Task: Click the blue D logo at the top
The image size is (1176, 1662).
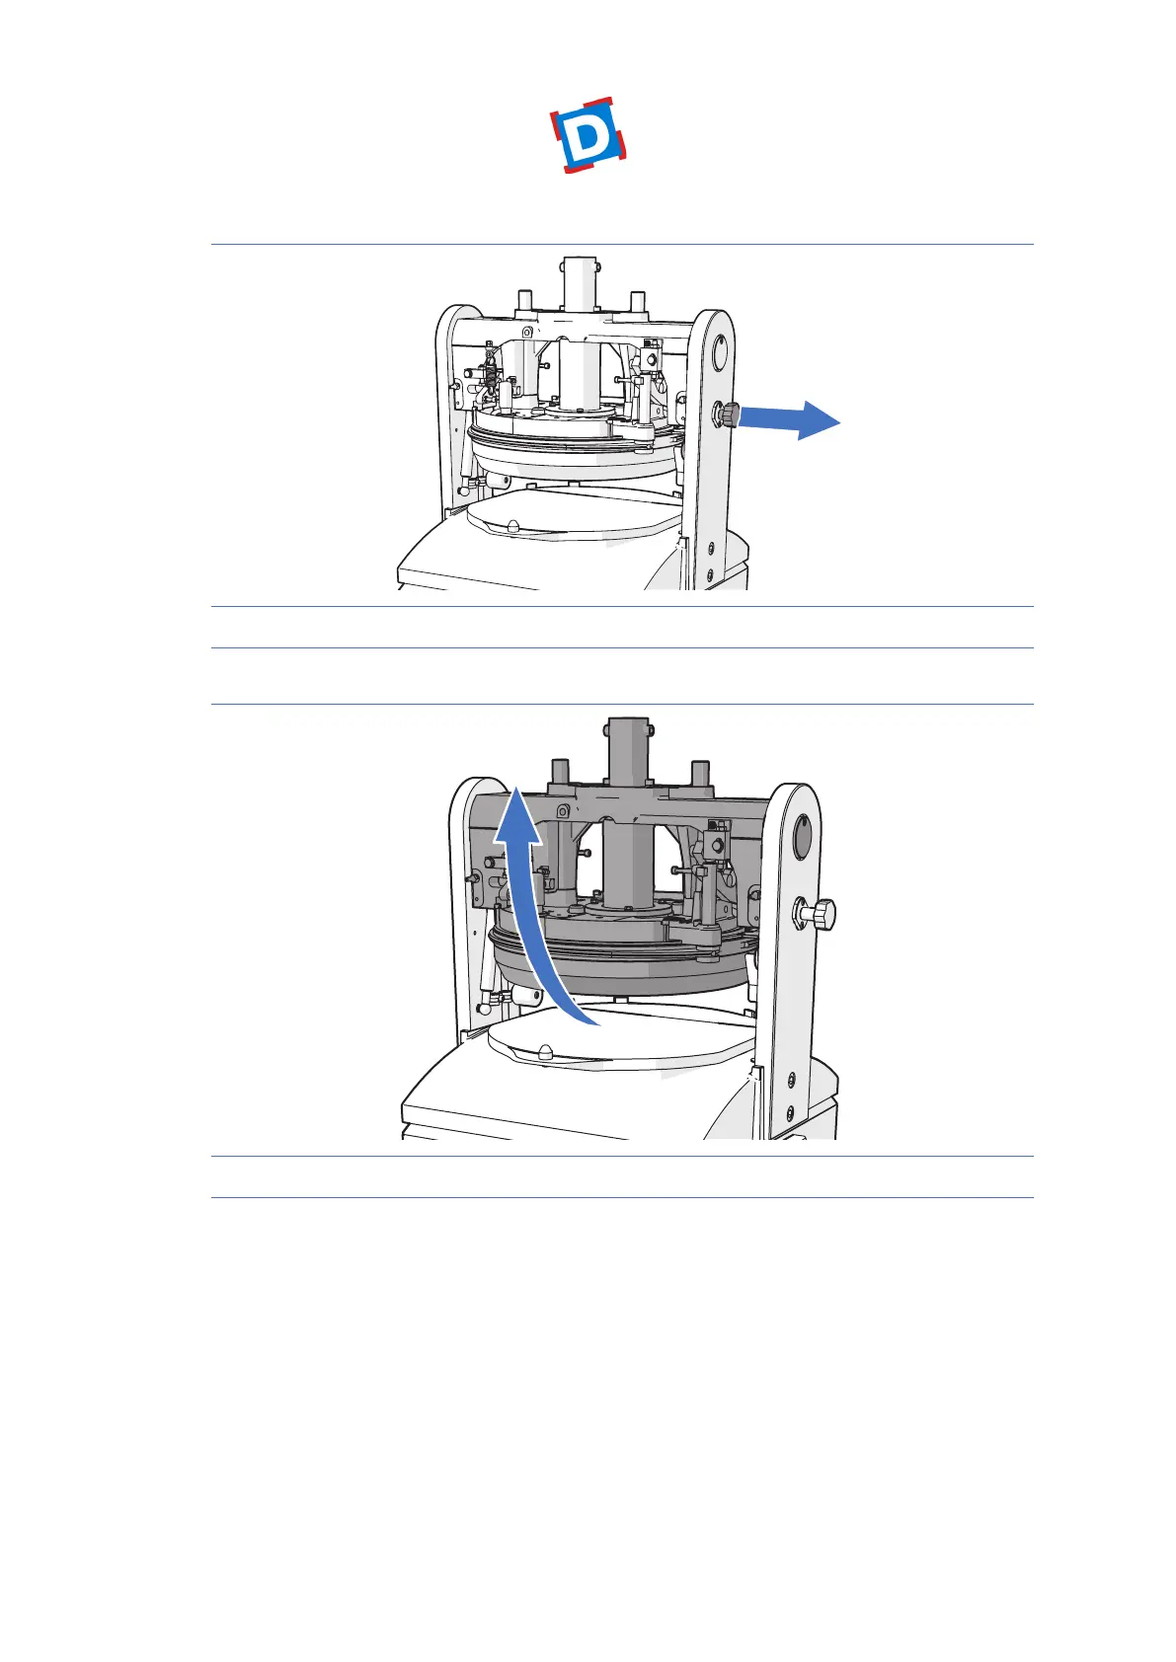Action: (589, 135)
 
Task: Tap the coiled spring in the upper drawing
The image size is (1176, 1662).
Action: (488, 374)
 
